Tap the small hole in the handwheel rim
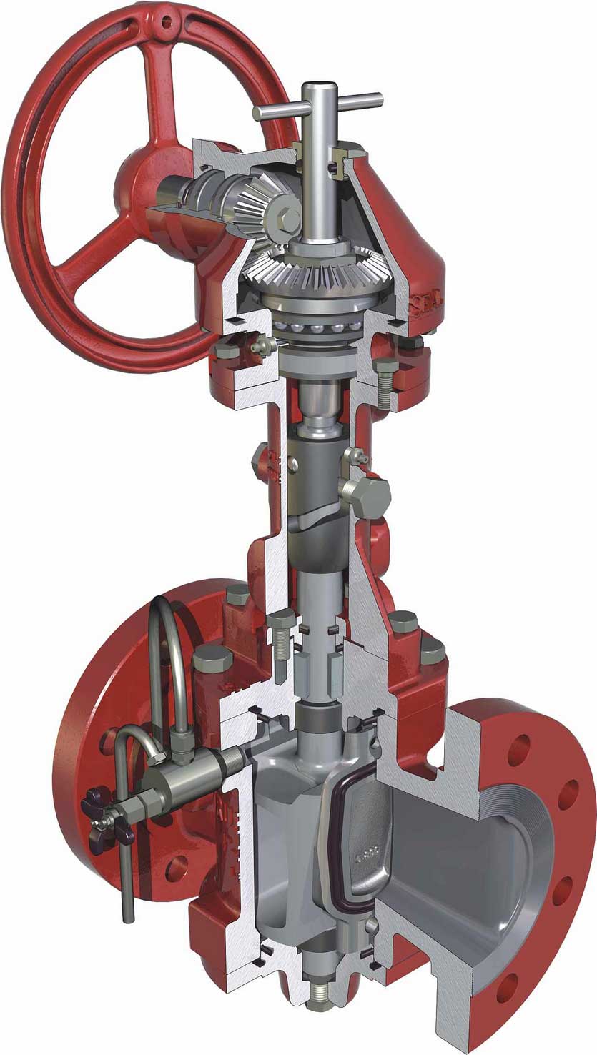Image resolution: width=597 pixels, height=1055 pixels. click(x=167, y=22)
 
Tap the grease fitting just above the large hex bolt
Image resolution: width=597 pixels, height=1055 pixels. click(x=358, y=455)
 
